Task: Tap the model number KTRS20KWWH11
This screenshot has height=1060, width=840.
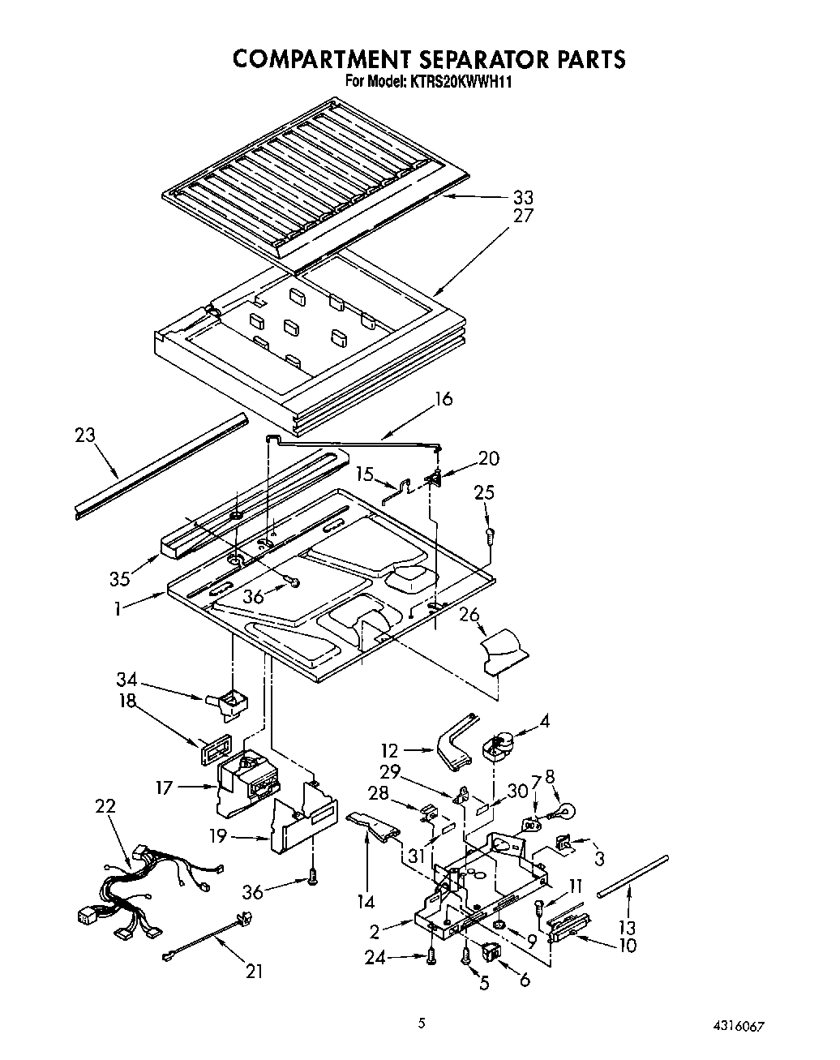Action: click(x=464, y=81)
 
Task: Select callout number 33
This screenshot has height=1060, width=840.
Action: click(x=522, y=197)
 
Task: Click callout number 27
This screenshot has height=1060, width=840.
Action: click(x=522, y=216)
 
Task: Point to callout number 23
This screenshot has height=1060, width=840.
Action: click(x=84, y=436)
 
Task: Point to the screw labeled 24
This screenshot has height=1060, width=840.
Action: click(x=431, y=957)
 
